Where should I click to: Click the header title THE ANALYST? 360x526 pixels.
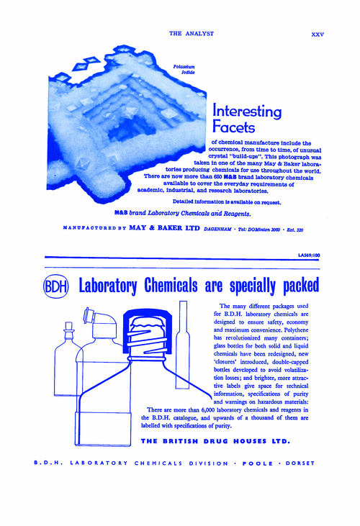click(189, 33)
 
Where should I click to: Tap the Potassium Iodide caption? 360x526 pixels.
click(184, 70)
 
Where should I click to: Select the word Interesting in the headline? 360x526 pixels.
click(247, 112)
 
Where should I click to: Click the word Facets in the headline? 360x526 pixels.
click(234, 128)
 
